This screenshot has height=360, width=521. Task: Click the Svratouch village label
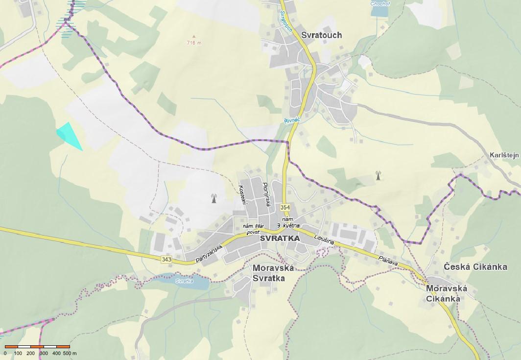tap(322, 35)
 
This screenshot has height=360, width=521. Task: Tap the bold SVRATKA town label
tap(280, 238)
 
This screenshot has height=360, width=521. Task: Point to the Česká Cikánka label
tap(475, 267)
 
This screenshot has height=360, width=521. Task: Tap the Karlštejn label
tap(503, 155)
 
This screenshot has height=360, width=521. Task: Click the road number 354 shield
tap(285, 208)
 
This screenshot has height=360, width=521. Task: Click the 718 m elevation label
tap(194, 43)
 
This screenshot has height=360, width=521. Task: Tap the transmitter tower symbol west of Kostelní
tap(213, 198)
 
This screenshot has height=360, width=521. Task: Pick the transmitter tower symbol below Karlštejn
tap(378, 175)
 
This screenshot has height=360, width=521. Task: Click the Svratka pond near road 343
tap(189, 281)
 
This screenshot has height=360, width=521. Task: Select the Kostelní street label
tap(241, 194)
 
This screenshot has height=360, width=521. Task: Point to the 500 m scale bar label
tap(67, 353)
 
